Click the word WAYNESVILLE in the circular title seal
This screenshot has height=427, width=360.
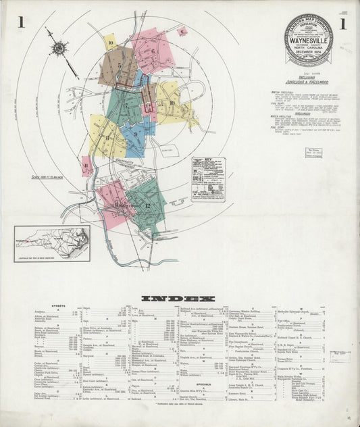(308, 39)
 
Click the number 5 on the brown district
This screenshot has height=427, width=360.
(119, 66)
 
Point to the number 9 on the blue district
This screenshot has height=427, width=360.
(136, 134)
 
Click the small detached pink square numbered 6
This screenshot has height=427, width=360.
(181, 30)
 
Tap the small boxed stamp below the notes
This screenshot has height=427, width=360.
(313, 153)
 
